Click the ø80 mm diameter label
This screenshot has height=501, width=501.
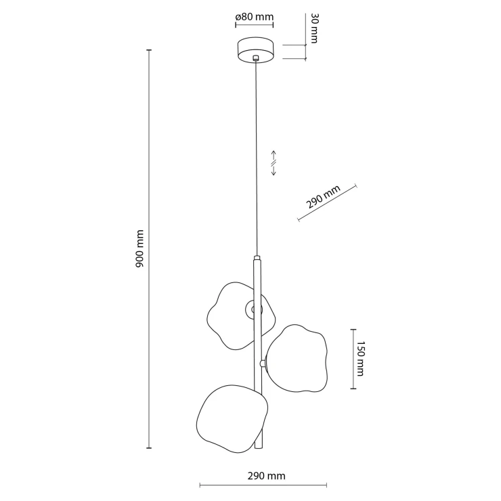click(x=255, y=17)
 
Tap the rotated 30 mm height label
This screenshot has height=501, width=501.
click(x=313, y=28)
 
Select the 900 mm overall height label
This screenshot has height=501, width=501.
click(x=139, y=248)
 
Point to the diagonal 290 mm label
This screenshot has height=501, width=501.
click(x=323, y=196)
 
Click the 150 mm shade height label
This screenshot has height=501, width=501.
click(x=360, y=359)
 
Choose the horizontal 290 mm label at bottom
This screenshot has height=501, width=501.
click(x=266, y=476)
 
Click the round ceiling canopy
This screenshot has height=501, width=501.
click(x=256, y=50)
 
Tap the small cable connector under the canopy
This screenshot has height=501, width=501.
click(x=255, y=58)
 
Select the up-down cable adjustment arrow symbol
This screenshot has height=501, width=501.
click(x=274, y=163)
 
